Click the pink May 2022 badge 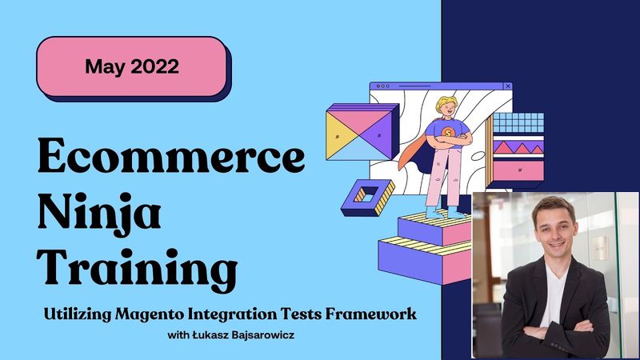(x=133, y=66)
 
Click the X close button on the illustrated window (x=507, y=86)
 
